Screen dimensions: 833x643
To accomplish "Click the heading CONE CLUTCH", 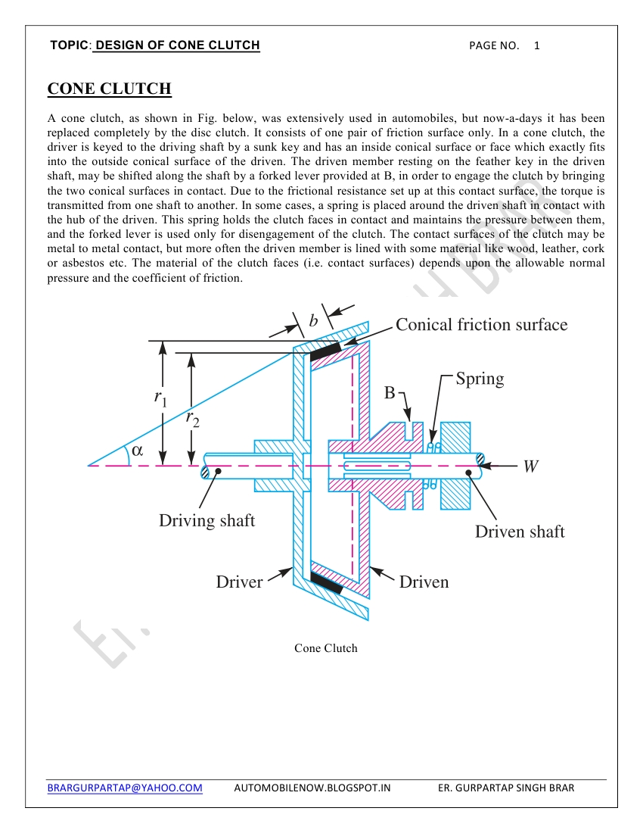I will point(110,89).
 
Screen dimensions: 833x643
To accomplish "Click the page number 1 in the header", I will point(537,45).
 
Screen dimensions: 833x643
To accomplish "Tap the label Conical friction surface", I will point(481,325).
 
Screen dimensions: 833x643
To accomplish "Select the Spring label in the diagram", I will point(480,378).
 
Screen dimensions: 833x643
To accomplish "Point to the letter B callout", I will point(390,393).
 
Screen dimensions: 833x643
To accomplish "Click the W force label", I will point(531,466).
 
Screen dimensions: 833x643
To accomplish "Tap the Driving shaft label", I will point(207,520).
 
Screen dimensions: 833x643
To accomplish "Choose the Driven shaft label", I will point(520,532).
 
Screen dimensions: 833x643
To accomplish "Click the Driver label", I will point(239,582).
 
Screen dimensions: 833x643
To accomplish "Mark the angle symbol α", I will point(137,450).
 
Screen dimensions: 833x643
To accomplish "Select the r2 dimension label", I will point(193,418).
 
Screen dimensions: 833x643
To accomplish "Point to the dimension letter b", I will point(313,321).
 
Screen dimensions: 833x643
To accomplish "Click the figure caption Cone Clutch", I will point(325,648).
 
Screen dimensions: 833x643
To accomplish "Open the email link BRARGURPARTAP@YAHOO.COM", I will point(125,788).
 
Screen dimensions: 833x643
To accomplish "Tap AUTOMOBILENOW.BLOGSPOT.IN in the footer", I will point(312,788).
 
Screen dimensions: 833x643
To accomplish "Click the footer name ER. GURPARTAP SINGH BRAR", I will point(506,788).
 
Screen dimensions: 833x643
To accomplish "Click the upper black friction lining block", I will point(325,351).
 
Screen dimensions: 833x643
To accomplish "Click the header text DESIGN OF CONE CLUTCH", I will point(178,45).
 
